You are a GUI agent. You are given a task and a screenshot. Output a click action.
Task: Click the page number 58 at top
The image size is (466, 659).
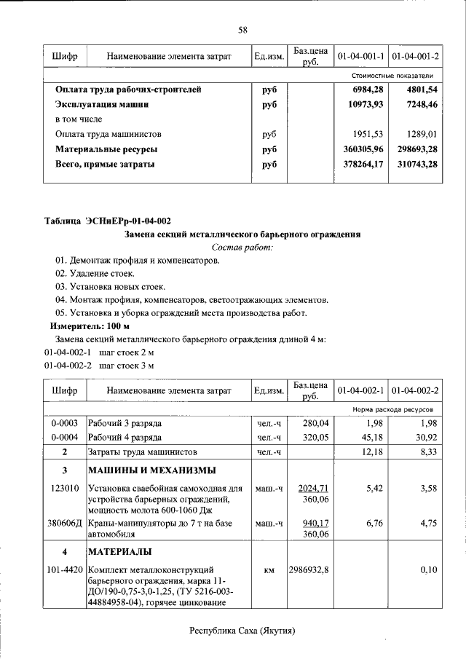point(242,30)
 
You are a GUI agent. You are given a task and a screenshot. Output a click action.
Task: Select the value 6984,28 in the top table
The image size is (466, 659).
point(368,90)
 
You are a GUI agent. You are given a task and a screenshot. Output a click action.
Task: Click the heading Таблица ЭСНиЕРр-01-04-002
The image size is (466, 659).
point(108,221)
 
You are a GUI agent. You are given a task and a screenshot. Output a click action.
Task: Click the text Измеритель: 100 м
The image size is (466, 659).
point(90,326)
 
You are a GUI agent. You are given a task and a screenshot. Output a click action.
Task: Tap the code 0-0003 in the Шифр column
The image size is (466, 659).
point(65,423)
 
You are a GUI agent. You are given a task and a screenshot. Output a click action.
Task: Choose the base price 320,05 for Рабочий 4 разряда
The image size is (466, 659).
point(317,438)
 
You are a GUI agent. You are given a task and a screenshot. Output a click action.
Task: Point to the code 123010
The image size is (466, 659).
point(65,488)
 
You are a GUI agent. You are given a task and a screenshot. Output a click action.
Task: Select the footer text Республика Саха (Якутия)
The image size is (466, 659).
point(242,631)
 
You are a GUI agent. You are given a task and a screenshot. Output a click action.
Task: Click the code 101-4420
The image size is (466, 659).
point(65,569)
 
